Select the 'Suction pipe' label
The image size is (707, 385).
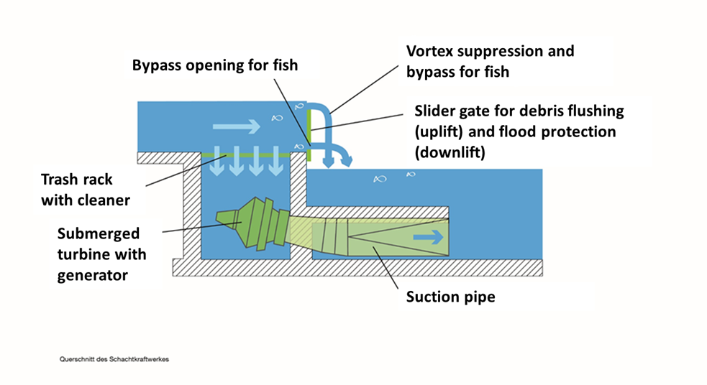pyautogui.click(x=451, y=296)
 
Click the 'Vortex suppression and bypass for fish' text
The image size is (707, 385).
pyautogui.click(x=490, y=62)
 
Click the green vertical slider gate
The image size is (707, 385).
pyautogui.click(x=308, y=133)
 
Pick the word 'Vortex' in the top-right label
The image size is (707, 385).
pyautogui.click(x=432, y=52)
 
